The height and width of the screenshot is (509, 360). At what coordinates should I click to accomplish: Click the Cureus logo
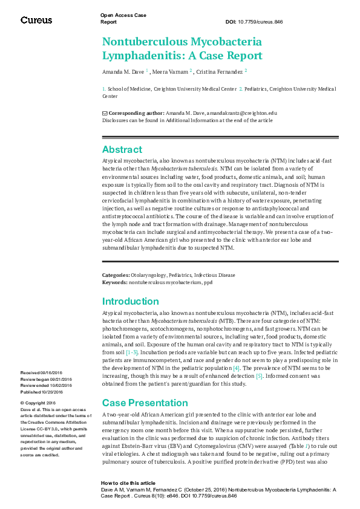36,20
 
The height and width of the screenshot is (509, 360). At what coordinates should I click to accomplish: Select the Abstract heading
122,149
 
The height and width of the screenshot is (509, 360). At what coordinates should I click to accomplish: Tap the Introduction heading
130,301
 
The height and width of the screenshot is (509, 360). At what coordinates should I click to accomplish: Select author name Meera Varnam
172,71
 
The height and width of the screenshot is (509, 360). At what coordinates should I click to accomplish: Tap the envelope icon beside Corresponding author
105,113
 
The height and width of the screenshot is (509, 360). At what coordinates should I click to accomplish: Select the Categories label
116,276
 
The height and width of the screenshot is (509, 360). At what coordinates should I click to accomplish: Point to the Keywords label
114,282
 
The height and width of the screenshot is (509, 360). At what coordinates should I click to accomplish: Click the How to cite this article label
128,483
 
